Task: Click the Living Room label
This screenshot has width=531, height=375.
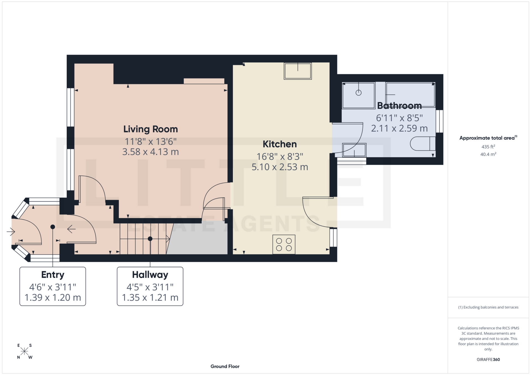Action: point(150,129)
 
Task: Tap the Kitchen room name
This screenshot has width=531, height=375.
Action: point(280,144)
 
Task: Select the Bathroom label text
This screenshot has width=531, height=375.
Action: point(399,105)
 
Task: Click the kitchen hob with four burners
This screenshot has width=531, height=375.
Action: point(284,244)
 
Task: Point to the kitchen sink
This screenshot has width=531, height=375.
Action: point(298,71)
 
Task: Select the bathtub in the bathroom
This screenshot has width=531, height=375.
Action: point(410,94)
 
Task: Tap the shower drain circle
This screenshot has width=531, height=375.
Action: point(358,93)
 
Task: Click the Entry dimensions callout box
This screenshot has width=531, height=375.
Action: point(53,286)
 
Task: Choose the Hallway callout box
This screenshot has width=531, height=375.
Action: point(150,286)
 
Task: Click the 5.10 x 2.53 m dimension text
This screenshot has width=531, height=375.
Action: point(280,167)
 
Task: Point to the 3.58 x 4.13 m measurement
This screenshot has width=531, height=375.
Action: point(150,152)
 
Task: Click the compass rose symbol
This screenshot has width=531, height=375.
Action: point(24,351)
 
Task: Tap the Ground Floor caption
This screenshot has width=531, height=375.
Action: point(225,366)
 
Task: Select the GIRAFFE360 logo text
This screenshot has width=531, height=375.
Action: point(488,360)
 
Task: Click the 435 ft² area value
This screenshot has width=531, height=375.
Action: point(488,147)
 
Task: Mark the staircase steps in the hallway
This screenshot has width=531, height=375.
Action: point(142,239)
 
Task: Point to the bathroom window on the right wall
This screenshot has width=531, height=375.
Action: point(439,121)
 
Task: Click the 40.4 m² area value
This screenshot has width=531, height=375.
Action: point(488,154)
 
